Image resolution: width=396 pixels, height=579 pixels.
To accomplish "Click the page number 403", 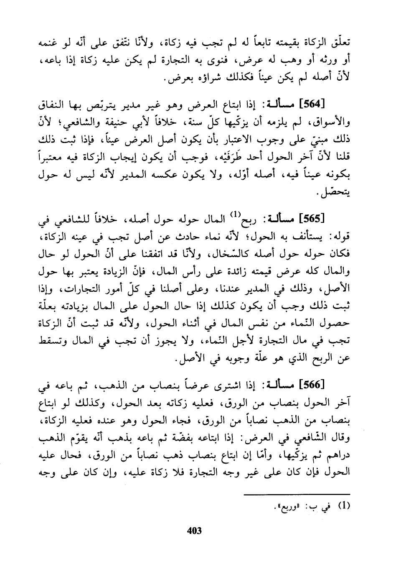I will coord(195,531).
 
